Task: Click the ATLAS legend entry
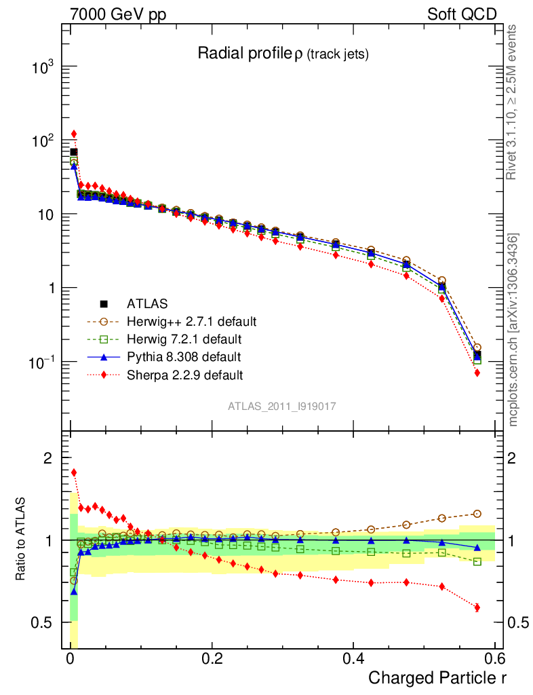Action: tap(147, 303)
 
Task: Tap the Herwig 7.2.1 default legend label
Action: tap(184, 339)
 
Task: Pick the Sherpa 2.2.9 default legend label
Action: tap(184, 374)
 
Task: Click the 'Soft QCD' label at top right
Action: tap(462, 14)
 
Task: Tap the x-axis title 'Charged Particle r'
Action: tap(437, 677)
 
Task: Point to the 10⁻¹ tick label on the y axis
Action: tap(42, 362)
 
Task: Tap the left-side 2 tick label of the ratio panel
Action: tap(48, 458)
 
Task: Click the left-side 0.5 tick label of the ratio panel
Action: tap(42, 622)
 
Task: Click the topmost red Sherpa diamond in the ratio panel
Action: tap(74, 472)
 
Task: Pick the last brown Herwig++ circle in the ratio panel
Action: tap(477, 514)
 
